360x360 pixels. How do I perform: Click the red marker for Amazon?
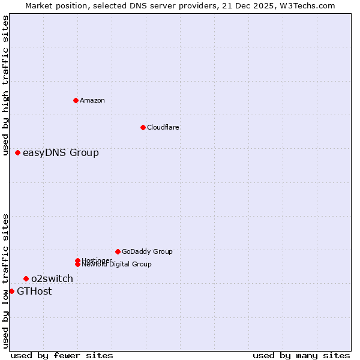(x=76, y=100)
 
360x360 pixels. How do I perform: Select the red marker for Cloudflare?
(x=143, y=127)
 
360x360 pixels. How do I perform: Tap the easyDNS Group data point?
(x=18, y=152)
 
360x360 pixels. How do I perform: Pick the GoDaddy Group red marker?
(x=118, y=251)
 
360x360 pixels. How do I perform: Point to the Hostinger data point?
(x=77, y=260)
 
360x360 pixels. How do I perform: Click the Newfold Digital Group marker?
(x=77, y=264)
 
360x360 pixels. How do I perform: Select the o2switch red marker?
(x=26, y=278)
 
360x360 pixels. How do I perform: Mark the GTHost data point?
(x=11, y=291)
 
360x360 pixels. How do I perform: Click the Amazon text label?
(x=92, y=100)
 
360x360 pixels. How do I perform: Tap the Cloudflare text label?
(x=163, y=127)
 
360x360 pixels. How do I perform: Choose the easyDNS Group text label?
(x=61, y=152)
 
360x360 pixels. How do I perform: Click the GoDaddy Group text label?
(x=147, y=251)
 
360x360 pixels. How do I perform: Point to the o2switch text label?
(x=52, y=278)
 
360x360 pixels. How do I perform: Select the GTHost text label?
(x=34, y=292)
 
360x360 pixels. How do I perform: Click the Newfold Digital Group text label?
(x=116, y=265)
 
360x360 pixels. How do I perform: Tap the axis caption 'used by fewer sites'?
(x=62, y=355)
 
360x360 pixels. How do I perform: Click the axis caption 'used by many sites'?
(x=301, y=355)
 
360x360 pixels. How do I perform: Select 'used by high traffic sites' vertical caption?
(x=5, y=85)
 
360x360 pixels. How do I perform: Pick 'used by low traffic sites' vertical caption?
(x=5, y=281)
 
